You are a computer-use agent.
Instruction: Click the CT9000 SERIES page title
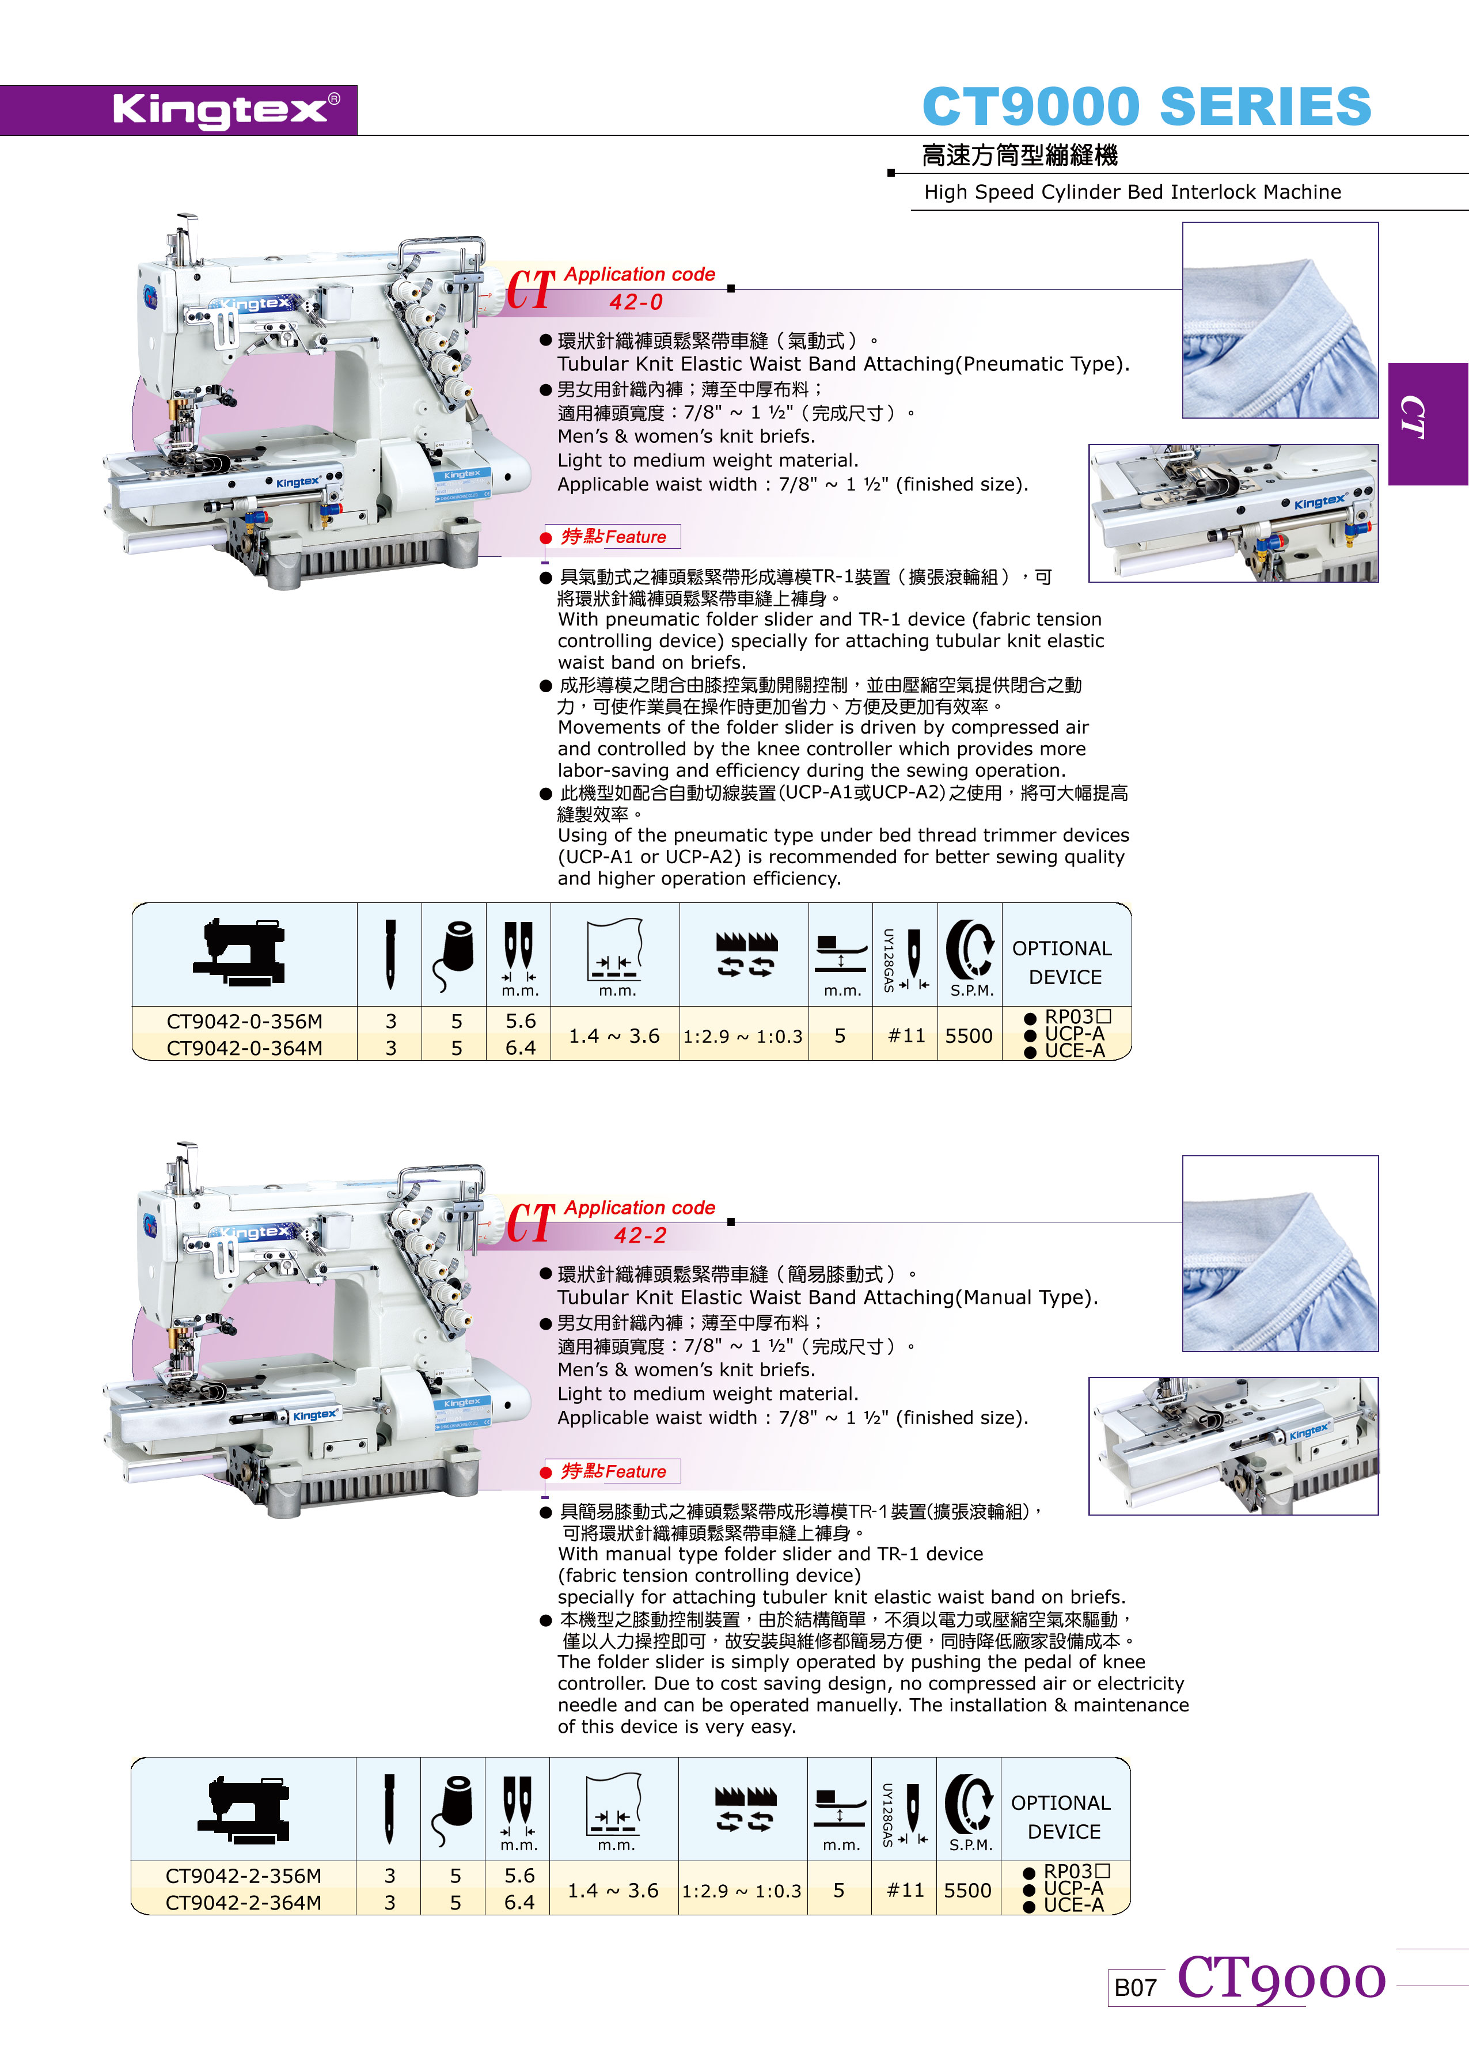coord(1146,107)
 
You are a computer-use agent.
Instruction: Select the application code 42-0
coord(636,303)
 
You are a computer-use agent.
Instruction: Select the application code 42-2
coord(640,1235)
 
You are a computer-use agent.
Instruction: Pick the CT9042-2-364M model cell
coord(244,1903)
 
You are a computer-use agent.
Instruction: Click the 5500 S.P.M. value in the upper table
coord(969,1035)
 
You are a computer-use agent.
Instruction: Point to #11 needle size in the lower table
coord(905,1890)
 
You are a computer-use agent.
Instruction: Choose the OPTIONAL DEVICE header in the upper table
coord(1064,962)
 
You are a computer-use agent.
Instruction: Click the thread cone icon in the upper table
coord(454,955)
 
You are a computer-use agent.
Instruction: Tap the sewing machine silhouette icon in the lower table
coord(244,1809)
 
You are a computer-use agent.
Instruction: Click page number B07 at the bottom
coord(1135,1987)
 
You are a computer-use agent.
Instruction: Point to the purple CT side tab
coord(1428,423)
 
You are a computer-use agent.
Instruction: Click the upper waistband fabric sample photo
coord(1280,320)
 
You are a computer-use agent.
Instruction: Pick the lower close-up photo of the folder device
coord(1233,1445)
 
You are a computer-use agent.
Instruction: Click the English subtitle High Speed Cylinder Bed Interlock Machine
coord(1133,192)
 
